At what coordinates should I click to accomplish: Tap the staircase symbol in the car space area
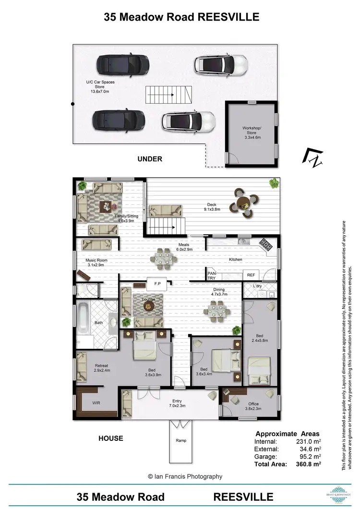point(168,94)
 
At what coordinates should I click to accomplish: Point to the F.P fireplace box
point(157,284)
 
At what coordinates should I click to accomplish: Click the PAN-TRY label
point(212,274)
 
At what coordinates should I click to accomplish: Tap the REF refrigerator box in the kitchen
point(251,275)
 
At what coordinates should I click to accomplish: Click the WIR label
point(96,403)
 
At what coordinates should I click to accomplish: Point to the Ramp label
point(180,440)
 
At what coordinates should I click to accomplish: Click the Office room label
point(253,404)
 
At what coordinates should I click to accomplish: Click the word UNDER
point(150,159)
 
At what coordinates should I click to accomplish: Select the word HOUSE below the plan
point(110,438)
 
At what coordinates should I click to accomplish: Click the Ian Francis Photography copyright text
point(185,476)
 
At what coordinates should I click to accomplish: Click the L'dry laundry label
point(258,286)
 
